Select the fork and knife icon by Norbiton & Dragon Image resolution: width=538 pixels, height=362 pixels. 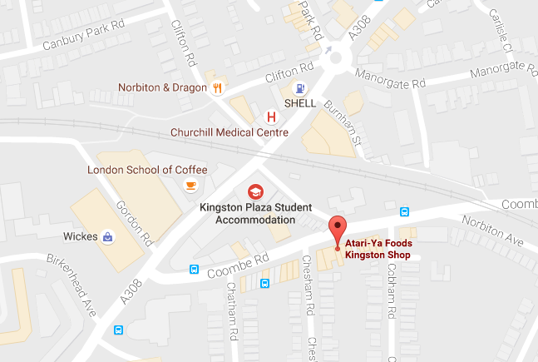click(x=217, y=87)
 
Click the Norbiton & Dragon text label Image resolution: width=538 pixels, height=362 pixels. click(x=161, y=87)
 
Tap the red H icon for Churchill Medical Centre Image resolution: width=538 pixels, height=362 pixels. click(x=270, y=117)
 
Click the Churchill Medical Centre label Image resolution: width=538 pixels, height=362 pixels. click(x=229, y=132)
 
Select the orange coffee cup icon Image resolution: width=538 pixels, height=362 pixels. click(x=190, y=186)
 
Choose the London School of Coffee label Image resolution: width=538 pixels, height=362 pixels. click(x=147, y=170)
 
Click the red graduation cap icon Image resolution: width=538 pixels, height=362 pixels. click(x=254, y=191)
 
